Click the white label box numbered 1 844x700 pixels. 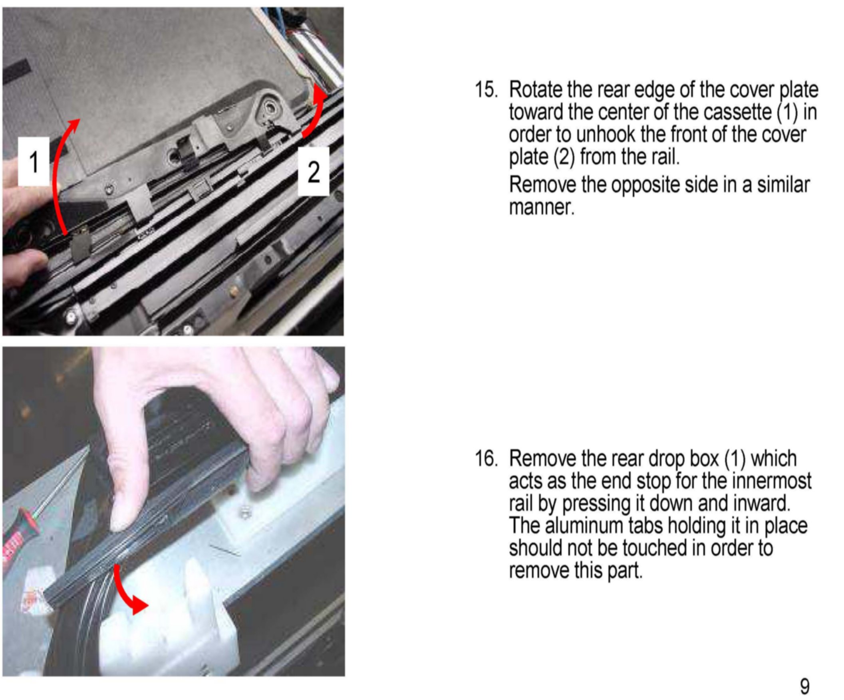(34, 162)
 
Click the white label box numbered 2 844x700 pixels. (313, 171)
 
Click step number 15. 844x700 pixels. (486, 89)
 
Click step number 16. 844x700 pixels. (486, 458)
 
